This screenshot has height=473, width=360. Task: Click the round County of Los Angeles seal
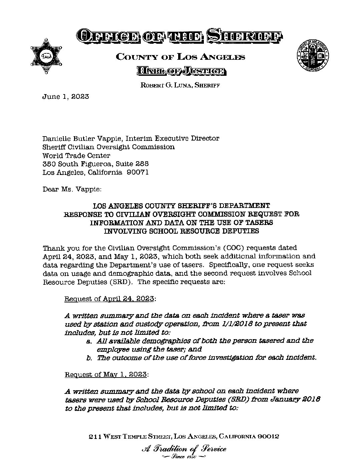[x=312, y=55]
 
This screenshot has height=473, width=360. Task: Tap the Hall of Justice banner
[x=181, y=71]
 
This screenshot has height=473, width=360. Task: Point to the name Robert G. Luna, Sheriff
[x=181, y=85]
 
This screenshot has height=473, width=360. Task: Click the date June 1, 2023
[x=65, y=97]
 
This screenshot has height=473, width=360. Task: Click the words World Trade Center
[x=76, y=156]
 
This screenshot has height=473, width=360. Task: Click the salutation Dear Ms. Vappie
[x=72, y=189]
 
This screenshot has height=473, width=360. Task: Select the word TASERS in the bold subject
[x=259, y=222]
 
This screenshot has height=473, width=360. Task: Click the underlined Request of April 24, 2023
[x=109, y=299]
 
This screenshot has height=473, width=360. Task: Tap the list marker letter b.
[x=89, y=358]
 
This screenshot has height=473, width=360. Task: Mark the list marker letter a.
[x=89, y=341]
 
